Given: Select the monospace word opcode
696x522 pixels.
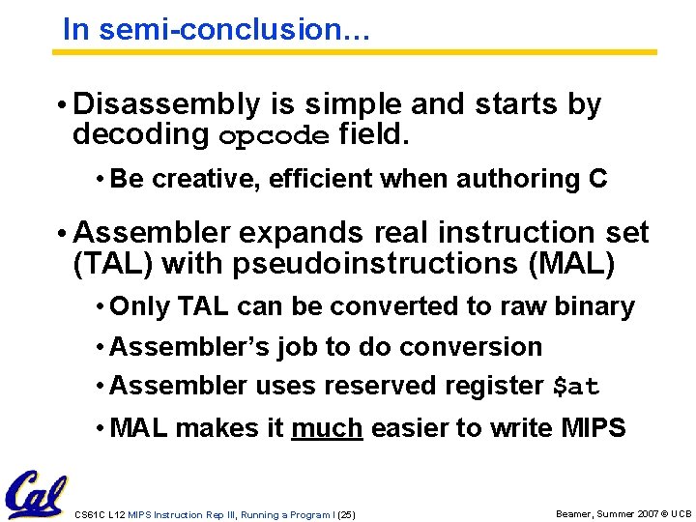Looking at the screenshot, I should click(x=274, y=135).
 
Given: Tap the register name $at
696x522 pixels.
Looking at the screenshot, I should click(x=575, y=387).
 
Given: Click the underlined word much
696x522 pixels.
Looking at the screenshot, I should click(x=327, y=427).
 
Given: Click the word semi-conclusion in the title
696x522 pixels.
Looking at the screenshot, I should click(x=232, y=29).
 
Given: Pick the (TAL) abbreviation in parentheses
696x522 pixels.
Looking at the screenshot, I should click(x=113, y=263).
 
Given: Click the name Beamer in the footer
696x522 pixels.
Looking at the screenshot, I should click(x=576, y=514).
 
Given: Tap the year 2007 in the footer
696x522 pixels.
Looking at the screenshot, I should click(x=645, y=514).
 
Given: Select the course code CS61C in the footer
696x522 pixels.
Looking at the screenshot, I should click(x=89, y=514).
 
